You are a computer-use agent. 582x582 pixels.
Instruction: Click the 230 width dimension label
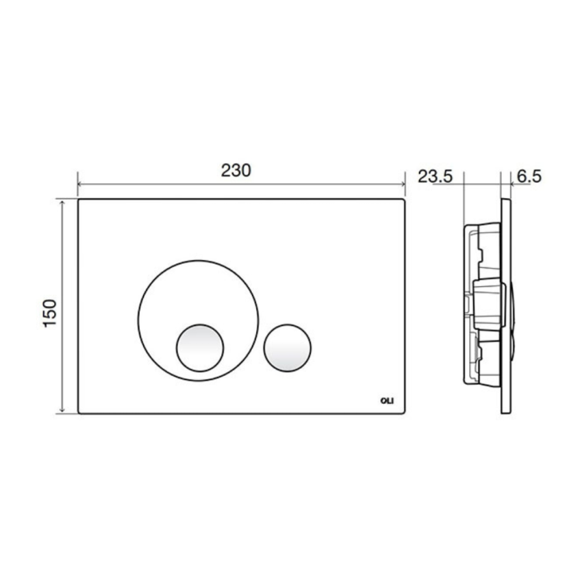(236, 170)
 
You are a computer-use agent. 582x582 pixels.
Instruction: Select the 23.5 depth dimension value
(435, 177)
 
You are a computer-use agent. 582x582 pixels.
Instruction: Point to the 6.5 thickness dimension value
(529, 177)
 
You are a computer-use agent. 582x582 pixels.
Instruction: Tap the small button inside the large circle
(199, 346)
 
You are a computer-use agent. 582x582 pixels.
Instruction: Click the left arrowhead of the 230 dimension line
(81, 184)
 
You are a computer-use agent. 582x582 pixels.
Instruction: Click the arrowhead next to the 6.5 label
(513, 184)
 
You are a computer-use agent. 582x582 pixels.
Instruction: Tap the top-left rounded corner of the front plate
(81, 202)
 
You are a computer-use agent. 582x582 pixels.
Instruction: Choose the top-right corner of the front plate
(403, 202)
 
